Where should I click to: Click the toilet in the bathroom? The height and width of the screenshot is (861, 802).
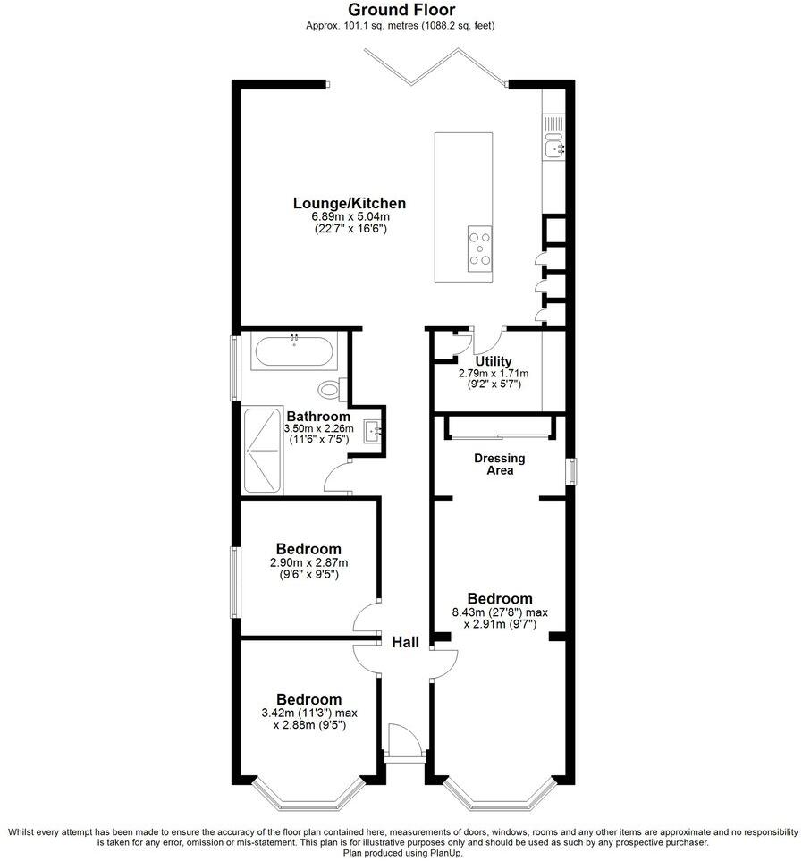331,388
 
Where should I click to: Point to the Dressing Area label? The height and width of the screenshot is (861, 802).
499,464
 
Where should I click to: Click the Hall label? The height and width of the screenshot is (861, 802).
405,641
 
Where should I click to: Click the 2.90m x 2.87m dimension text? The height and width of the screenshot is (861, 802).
308,563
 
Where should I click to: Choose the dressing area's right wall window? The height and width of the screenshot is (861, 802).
572,472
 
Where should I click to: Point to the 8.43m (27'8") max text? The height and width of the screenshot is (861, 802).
500,612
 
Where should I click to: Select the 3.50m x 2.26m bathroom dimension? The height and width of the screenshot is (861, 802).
318,429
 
